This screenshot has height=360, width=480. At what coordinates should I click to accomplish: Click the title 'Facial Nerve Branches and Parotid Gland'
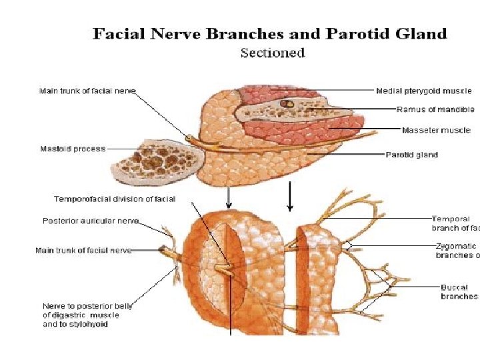tap(269, 34)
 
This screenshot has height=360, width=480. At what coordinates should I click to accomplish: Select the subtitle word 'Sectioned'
tap(272, 53)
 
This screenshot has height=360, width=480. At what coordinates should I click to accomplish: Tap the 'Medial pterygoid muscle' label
tap(423, 91)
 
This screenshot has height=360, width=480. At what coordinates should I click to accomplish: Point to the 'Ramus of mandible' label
tap(435, 109)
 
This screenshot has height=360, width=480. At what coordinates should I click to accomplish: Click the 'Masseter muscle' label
tap(435, 130)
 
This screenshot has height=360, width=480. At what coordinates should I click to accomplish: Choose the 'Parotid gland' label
tap(411, 155)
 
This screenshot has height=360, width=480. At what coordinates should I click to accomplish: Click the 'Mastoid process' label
tap(73, 149)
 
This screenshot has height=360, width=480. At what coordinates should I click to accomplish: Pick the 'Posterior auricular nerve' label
tap(90, 221)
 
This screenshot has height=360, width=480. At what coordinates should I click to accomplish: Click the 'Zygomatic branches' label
tap(457, 250)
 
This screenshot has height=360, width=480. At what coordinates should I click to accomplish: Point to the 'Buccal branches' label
tap(459, 291)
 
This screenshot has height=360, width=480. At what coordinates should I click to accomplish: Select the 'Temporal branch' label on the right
tap(455, 223)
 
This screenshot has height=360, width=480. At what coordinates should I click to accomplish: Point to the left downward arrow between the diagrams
tap(229, 197)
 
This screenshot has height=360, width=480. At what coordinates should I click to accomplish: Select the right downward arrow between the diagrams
tap(289, 196)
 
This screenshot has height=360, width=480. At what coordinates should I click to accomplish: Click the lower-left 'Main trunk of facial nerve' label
tap(83, 251)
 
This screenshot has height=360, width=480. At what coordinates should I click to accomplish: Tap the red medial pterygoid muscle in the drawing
tap(260, 94)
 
